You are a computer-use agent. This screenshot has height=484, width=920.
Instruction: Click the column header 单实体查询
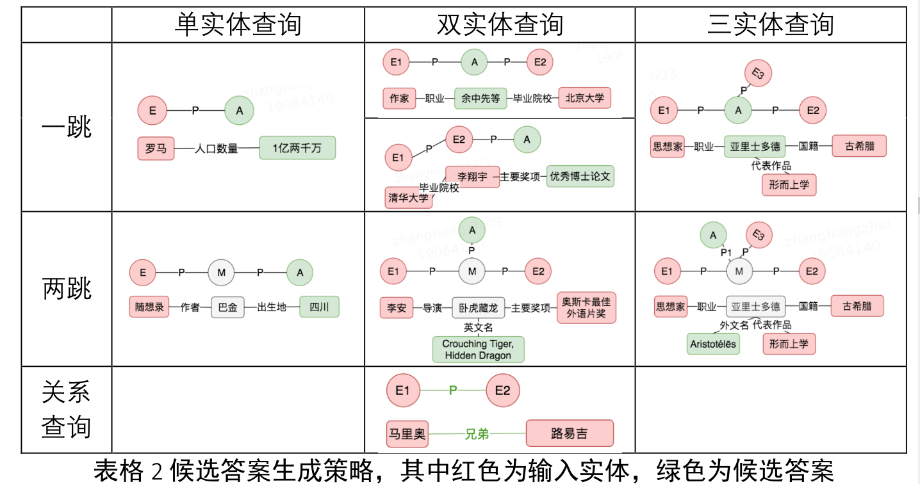238,25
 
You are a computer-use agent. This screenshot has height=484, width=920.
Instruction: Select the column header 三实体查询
770,25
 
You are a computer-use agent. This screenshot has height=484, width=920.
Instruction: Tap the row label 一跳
66,127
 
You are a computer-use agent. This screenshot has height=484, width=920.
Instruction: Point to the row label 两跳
66,289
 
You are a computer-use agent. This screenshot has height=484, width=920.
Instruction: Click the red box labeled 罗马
156,149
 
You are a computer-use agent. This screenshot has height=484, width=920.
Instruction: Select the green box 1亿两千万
297,149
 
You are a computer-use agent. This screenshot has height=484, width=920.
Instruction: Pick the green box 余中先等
481,99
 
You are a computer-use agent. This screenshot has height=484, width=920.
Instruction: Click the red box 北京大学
584,99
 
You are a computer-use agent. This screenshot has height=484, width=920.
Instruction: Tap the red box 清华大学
408,198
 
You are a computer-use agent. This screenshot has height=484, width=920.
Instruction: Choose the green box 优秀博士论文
580,176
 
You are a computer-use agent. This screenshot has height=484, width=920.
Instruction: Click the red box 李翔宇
472,176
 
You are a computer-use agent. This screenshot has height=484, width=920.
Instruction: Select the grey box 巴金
227,307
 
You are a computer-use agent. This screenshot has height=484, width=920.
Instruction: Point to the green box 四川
319,307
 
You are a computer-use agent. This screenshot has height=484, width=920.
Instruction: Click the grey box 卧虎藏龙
479,308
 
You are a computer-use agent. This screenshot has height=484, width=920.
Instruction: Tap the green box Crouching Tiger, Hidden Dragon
478,350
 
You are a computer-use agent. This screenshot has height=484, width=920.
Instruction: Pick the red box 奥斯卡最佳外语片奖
586,307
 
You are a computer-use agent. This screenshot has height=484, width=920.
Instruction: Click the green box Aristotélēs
713,344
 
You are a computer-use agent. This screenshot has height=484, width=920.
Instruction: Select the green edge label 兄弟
477,434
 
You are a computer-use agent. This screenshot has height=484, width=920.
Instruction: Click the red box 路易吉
569,433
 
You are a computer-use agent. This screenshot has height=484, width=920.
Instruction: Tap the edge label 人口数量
217,149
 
